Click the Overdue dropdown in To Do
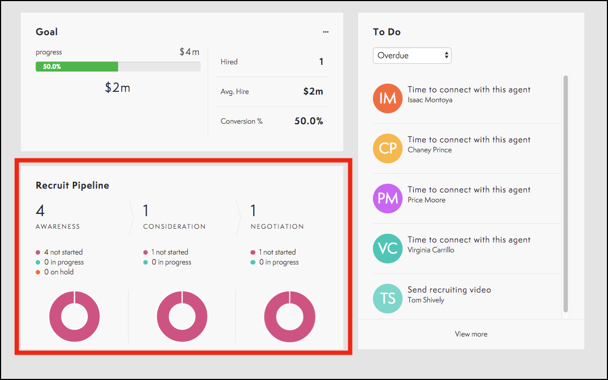coord(412,56)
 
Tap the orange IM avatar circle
coord(388,98)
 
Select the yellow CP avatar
coord(388,148)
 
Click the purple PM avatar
coord(388,199)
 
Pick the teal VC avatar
coord(388,249)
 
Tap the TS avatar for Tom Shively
coord(388,299)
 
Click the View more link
coord(471,334)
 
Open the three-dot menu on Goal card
coord(326,32)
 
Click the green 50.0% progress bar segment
coord(77,67)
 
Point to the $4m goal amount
coord(189,52)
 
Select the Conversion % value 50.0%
coord(309,121)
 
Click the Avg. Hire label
coord(235,92)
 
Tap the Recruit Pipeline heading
coord(72,185)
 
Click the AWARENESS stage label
coord(58,227)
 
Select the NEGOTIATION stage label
coord(277,227)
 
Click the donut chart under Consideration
coord(182,317)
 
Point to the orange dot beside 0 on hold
coord(38,272)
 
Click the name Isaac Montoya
coord(430,100)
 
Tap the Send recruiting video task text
coord(449,290)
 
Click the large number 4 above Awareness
coord(40,211)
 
